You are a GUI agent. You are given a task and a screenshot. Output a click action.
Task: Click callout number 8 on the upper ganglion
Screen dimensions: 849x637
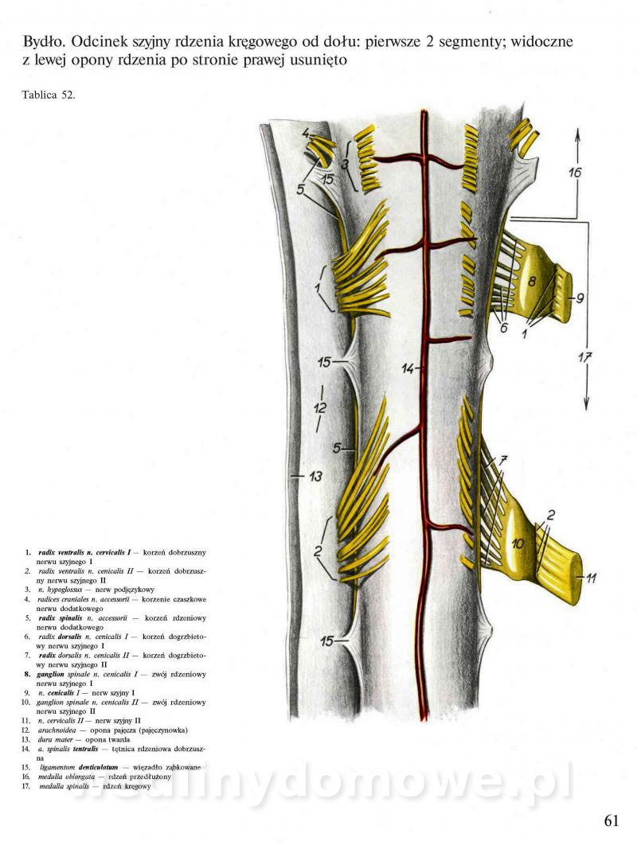pyautogui.click(x=532, y=279)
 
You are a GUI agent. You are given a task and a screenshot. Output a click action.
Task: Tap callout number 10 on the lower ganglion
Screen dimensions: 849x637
pyautogui.click(x=518, y=544)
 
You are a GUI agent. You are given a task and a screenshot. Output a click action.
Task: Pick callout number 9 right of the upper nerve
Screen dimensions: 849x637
pyautogui.click(x=580, y=298)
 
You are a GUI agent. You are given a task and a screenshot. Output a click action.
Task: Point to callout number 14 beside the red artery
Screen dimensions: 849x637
pyautogui.click(x=408, y=368)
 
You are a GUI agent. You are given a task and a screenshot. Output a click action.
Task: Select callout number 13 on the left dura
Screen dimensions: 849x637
pyautogui.click(x=315, y=477)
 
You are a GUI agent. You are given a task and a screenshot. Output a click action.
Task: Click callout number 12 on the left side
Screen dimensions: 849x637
pyautogui.click(x=319, y=407)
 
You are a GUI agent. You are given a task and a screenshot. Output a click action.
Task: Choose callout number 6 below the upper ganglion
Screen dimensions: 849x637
pyautogui.click(x=503, y=327)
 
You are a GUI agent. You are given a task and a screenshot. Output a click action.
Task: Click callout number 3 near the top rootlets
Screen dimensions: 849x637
pyautogui.click(x=345, y=165)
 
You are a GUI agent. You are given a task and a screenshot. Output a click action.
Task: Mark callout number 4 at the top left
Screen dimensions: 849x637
pyautogui.click(x=307, y=134)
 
